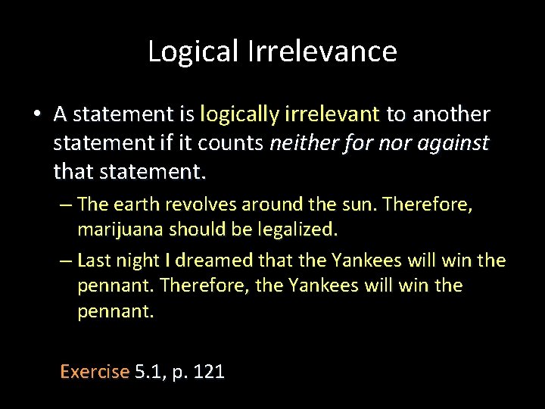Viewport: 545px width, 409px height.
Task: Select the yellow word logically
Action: coord(240,114)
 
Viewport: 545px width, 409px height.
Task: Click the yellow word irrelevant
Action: coord(333,114)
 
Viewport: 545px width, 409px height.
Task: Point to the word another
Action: coord(450,114)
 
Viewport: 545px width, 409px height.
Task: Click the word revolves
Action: coord(198,204)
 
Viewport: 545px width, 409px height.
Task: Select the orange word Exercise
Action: coord(95,372)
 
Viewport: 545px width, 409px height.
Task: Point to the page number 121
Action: coord(210,372)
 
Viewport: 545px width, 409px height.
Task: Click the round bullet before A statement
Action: coord(36,115)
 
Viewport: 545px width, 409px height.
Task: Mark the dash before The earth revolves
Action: coord(66,204)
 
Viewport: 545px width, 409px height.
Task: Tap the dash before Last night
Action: coord(66,261)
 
